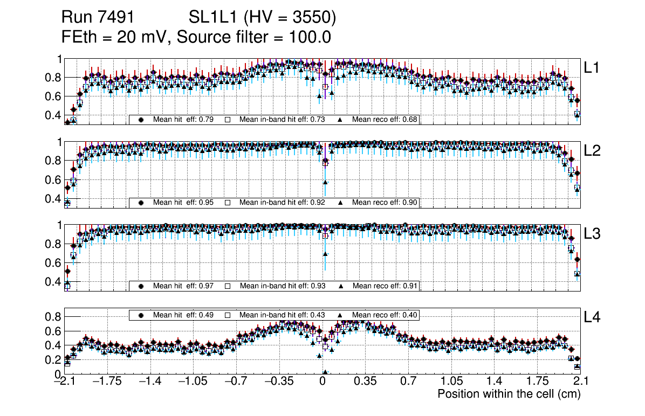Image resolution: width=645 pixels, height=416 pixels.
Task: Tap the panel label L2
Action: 593,151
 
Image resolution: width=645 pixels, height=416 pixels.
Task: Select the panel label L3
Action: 593,234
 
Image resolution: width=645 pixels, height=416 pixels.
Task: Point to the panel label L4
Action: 593,318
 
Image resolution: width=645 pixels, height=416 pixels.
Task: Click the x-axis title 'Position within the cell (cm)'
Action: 509,394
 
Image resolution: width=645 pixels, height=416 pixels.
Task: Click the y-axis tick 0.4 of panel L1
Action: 55,115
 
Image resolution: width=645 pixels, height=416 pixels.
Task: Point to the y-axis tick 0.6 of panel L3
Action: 55,262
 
